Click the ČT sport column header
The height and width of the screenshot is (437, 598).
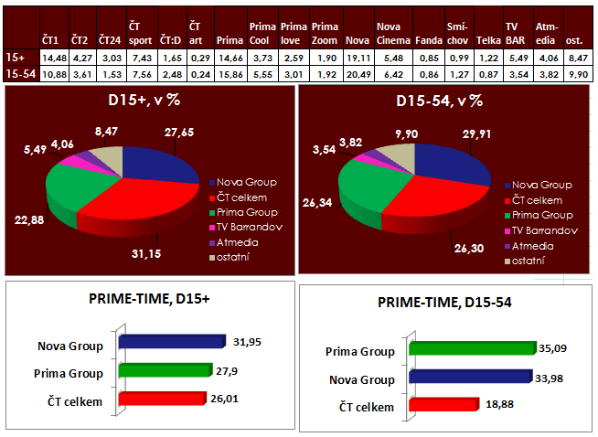tap(139, 35)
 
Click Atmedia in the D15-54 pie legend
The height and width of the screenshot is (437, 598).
tap(533, 246)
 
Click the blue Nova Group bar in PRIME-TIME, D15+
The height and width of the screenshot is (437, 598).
tap(172, 342)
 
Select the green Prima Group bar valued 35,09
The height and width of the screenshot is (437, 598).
tap(472, 347)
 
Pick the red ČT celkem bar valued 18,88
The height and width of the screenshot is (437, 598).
tap(444, 404)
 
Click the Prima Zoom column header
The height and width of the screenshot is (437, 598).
tap(324, 35)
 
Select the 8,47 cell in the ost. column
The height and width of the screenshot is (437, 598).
tap(577, 57)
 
